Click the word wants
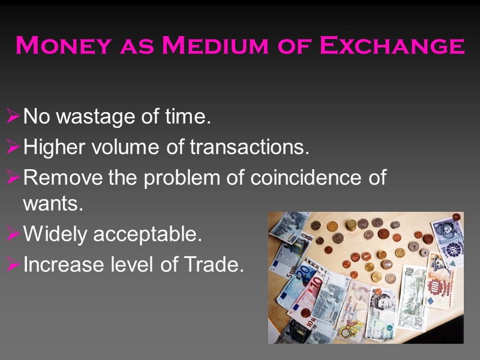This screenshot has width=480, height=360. pyautogui.click(x=53, y=204)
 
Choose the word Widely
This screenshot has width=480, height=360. pyautogui.click(x=53, y=234)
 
